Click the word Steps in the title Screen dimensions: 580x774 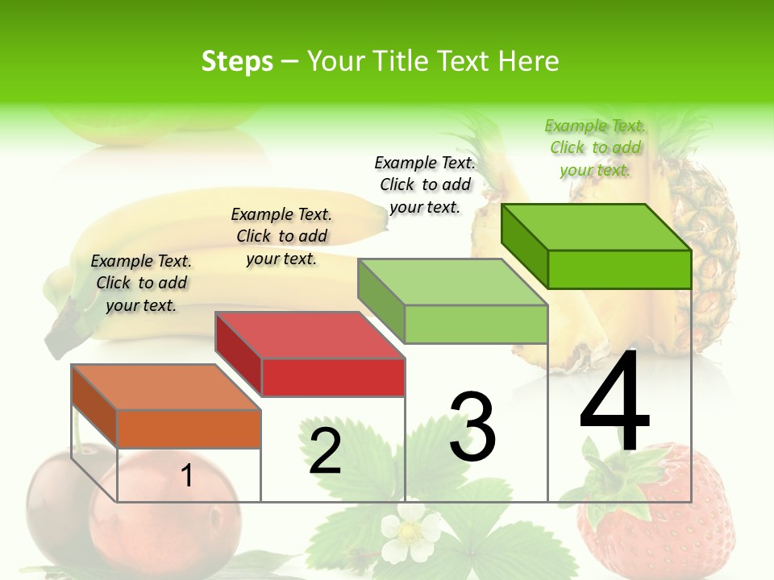click(x=237, y=61)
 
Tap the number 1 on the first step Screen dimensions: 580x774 click(x=187, y=475)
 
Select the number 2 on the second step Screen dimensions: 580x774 click(x=325, y=452)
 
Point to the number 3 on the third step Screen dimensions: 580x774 click(x=472, y=428)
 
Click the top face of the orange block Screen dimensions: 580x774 click(x=166, y=387)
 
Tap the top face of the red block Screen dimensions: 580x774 click(x=310, y=335)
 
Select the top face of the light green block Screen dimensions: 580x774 click(x=453, y=282)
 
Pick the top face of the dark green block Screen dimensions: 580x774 click(x=597, y=227)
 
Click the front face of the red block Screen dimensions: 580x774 click(x=333, y=377)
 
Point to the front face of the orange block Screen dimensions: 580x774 click(x=189, y=429)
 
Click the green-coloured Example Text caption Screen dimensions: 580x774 click(x=595, y=147)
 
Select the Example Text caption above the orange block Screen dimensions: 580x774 click(x=141, y=283)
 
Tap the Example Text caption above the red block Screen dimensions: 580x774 click(x=281, y=236)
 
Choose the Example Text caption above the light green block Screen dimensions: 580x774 click(x=425, y=184)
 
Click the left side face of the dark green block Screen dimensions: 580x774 click(x=525, y=245)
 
